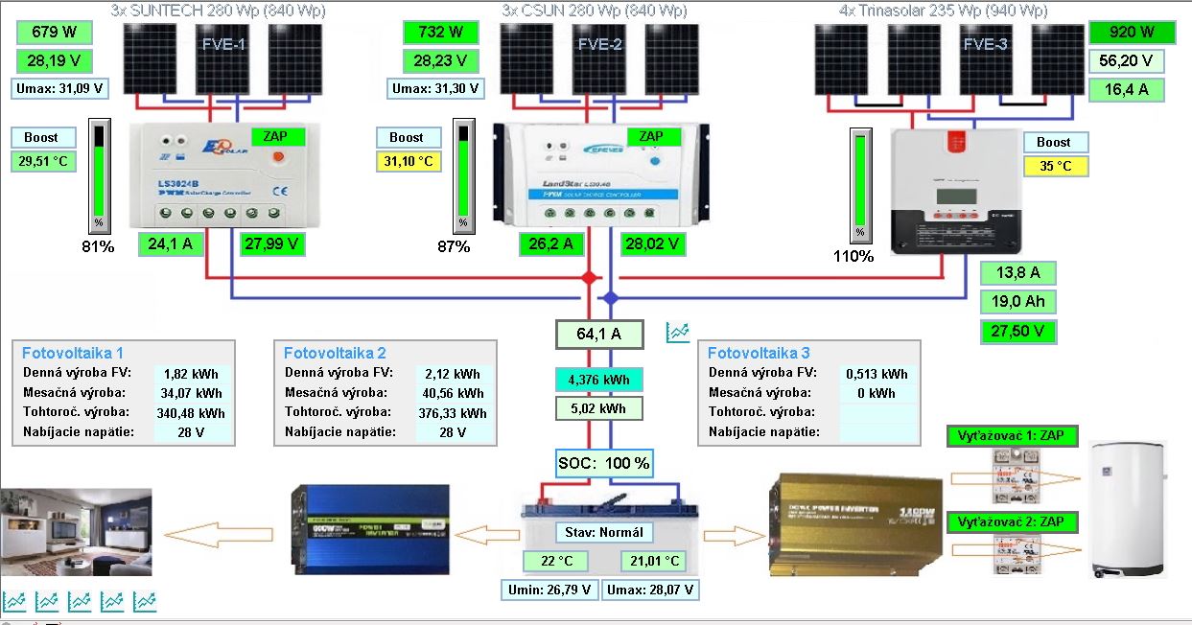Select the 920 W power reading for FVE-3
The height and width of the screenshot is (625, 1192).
tap(1132, 33)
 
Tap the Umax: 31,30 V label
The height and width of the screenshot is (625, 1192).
tap(436, 88)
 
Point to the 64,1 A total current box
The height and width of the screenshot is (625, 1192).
tap(598, 335)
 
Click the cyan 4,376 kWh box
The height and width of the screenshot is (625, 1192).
tap(598, 380)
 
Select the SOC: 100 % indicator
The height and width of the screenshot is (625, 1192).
tap(604, 463)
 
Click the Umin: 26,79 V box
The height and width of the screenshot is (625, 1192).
tap(549, 589)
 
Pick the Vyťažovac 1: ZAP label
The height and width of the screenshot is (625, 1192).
tap(1011, 436)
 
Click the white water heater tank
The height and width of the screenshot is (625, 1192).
tap(1130, 508)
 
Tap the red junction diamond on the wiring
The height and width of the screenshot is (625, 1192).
tap(590, 277)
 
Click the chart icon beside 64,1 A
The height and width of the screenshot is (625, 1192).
tap(679, 333)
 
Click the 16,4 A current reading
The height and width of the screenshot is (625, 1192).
tap(1127, 90)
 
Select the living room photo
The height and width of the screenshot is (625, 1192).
tap(76, 533)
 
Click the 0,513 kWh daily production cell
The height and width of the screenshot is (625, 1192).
tap(876, 374)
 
